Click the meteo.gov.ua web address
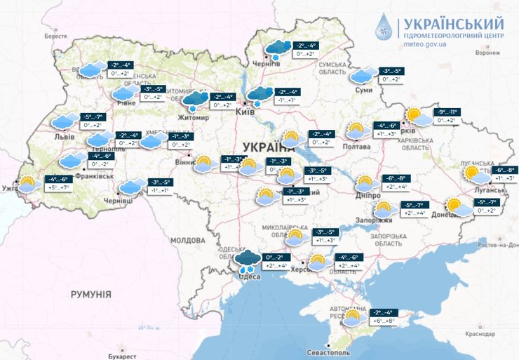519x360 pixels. (434, 44)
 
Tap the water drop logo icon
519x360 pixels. (385, 27)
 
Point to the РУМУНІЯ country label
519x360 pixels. (91, 294)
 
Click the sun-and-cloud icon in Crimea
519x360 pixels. (355, 316)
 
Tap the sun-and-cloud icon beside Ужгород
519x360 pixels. (28, 185)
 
